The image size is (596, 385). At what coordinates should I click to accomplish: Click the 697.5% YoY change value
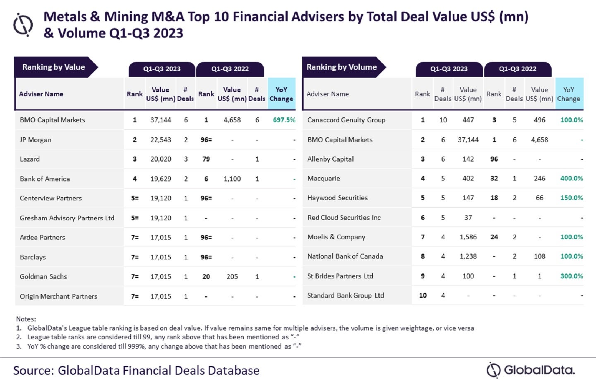[284, 120]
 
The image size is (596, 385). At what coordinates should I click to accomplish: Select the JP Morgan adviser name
[36, 140]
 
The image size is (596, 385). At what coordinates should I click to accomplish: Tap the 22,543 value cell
[161, 140]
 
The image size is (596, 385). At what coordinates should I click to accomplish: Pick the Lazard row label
[30, 159]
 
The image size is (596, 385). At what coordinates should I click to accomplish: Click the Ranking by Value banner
[54, 67]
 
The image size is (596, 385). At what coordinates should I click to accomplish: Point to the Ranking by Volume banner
[341, 67]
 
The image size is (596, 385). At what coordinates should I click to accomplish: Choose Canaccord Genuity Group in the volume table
[346, 120]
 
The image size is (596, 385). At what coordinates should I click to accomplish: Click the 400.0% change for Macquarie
[571, 178]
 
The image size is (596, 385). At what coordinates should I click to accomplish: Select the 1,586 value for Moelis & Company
[468, 237]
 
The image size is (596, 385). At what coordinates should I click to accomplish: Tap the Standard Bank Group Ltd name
[346, 296]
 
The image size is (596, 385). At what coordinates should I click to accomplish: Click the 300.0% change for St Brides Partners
[571, 276]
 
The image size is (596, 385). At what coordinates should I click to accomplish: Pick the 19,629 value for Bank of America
[161, 179]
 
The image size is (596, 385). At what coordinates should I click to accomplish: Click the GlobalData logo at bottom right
[531, 370]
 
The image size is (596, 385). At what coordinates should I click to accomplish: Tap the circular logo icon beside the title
[23, 25]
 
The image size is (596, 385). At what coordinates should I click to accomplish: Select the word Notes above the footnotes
[26, 319]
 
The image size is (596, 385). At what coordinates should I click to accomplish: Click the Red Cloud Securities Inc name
[344, 218]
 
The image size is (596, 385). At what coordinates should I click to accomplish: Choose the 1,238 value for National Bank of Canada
[468, 257]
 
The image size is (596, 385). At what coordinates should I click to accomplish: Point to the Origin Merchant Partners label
[58, 296]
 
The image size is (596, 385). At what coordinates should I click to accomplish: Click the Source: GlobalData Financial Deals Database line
[136, 370]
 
